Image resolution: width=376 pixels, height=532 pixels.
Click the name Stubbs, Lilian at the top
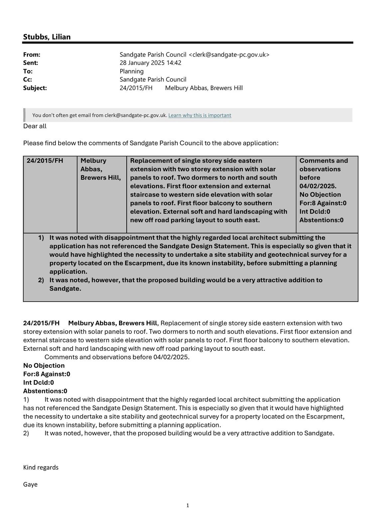[x=47, y=37]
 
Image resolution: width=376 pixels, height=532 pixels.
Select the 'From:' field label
[x=32, y=55]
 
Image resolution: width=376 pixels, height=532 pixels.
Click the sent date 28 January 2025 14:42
[x=150, y=63]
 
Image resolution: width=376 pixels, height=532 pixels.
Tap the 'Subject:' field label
[x=35, y=88]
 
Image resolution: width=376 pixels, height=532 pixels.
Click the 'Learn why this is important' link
[x=199, y=115]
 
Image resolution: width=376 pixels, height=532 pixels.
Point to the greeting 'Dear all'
[x=35, y=126]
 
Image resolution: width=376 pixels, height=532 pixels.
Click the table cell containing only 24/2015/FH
[x=45, y=161]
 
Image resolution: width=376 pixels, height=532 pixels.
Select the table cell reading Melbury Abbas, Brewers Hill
[x=100, y=169]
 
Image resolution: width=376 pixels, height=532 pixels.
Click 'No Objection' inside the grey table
[x=320, y=195]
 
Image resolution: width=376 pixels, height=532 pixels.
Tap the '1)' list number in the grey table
[x=41, y=238]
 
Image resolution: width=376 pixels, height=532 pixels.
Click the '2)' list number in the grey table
[x=41, y=280]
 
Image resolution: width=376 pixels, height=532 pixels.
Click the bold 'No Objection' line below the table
[x=44, y=365]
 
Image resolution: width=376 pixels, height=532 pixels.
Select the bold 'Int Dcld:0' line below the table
[x=38, y=382]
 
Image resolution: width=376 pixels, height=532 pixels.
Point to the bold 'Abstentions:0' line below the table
[x=45, y=391]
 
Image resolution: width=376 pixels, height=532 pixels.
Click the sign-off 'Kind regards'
[x=41, y=467]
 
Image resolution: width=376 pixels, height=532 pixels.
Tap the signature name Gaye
[x=30, y=484]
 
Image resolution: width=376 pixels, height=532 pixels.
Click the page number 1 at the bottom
[x=188, y=505]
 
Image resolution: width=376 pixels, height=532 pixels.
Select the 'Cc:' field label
[x=28, y=79]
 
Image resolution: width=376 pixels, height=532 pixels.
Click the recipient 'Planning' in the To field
[x=132, y=71]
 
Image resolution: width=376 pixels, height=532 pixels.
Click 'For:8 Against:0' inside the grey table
[x=322, y=203]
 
